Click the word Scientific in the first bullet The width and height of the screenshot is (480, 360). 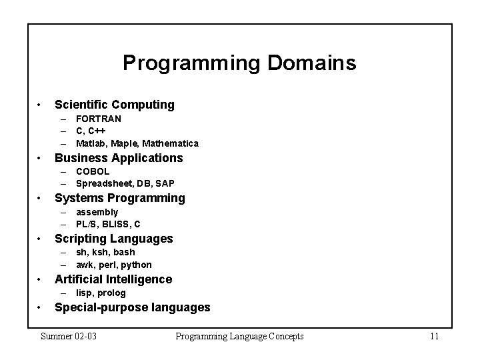click(81, 105)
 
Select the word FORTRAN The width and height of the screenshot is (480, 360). click(99, 119)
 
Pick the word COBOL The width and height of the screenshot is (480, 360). click(93, 171)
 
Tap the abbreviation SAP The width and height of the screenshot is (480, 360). click(165, 183)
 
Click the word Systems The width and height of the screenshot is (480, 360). click(79, 198)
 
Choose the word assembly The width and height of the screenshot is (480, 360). click(97, 212)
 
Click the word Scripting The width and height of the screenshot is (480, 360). click(81, 239)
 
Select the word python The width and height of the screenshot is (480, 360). click(137, 265)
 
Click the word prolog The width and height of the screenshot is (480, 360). click(111, 293)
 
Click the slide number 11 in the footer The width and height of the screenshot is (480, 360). click(434, 336)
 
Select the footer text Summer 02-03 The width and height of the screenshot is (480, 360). click(69, 336)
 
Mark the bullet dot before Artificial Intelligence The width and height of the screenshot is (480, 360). click(41, 280)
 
